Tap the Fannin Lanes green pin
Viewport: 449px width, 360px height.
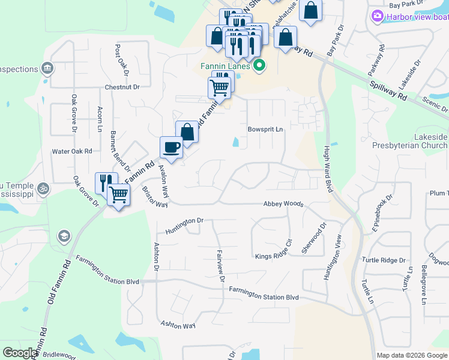[259, 65]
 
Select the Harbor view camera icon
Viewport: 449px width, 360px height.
[378, 16]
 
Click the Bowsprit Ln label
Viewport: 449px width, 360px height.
[265, 129]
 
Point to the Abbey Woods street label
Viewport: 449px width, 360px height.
[283, 204]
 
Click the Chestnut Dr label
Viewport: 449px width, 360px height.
[122, 87]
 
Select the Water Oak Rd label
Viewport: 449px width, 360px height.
[71, 152]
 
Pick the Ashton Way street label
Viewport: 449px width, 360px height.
[178, 325]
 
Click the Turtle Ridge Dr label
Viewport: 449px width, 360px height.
[384, 260]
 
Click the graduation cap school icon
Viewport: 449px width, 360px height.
[63, 236]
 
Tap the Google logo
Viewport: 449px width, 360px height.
[20, 353]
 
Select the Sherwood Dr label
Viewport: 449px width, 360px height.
[314, 238]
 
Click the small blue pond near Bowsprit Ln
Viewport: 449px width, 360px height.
[236, 142]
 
